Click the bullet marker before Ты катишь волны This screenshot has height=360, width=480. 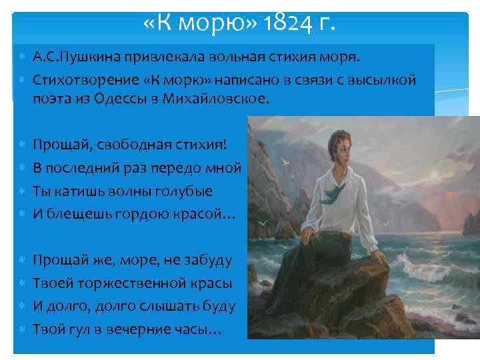[23, 191]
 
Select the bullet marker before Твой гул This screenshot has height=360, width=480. [23, 329]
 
